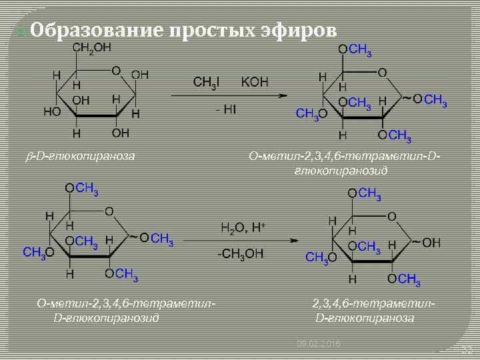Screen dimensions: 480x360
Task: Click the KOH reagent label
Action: [254, 82]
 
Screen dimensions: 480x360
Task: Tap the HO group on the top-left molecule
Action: [52, 111]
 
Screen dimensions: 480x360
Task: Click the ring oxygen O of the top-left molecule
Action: [115, 69]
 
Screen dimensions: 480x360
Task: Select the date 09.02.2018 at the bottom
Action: [318, 343]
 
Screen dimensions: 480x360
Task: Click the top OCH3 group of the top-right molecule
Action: [355, 50]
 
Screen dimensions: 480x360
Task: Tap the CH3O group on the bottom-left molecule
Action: [37, 252]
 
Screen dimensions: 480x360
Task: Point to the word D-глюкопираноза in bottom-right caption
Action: [365, 317]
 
